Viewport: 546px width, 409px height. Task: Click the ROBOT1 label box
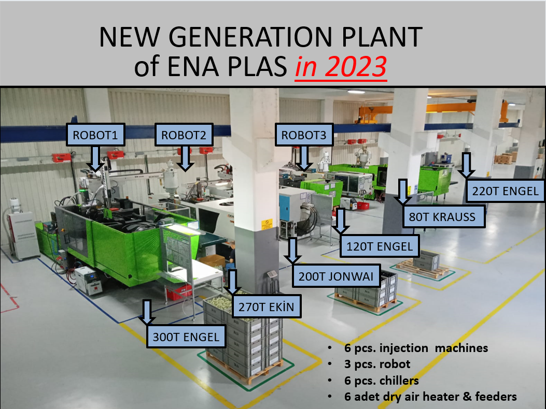point(95,135)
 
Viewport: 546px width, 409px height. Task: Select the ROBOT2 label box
point(184,135)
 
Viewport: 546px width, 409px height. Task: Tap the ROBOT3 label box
point(304,135)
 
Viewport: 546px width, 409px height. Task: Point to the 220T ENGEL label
point(505,191)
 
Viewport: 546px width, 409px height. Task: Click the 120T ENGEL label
point(379,246)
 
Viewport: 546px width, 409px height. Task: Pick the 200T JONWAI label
point(336,276)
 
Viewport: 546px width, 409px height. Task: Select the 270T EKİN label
point(267,306)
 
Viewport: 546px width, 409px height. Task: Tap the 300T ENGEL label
point(186,337)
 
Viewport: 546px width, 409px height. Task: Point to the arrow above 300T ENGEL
point(147,312)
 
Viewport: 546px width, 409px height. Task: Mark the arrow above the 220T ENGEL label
point(466,166)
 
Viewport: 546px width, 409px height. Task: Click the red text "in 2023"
point(341,66)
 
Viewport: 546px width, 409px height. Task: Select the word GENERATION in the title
point(250,37)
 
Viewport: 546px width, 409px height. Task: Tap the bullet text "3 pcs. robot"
point(377,364)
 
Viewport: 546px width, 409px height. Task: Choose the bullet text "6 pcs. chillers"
point(381,381)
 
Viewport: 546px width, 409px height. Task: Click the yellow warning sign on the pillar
point(267,224)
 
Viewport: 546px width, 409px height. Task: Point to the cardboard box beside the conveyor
point(212,261)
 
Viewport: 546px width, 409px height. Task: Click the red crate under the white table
point(179,292)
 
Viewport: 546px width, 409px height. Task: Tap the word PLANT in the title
point(382,37)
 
